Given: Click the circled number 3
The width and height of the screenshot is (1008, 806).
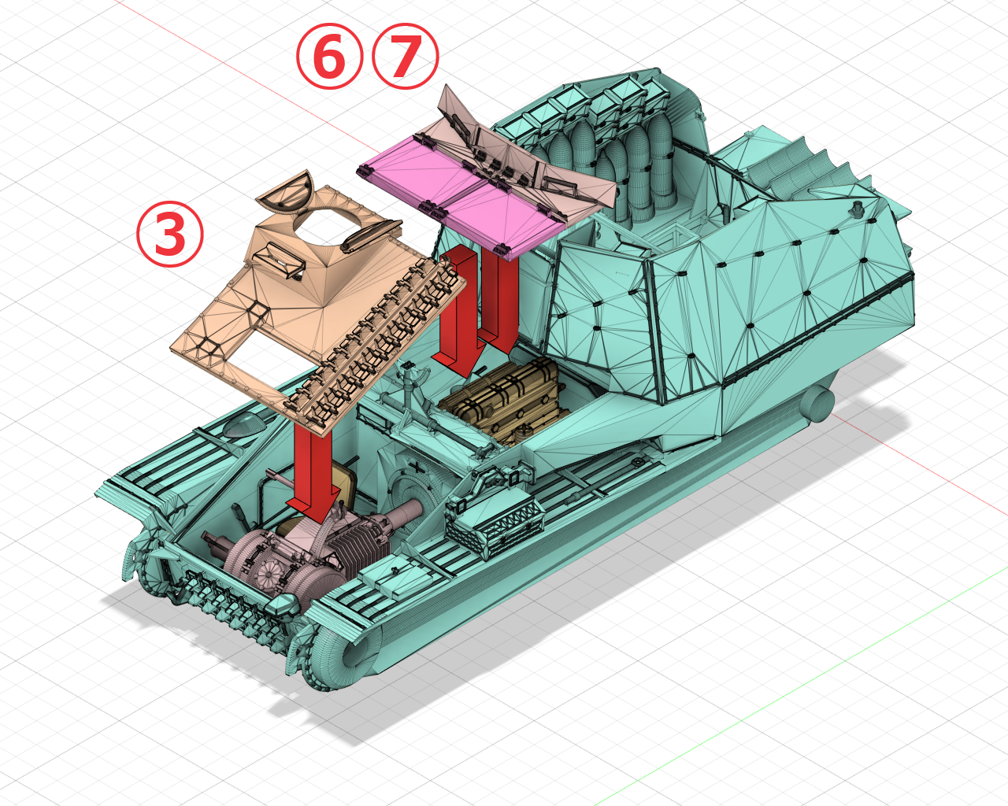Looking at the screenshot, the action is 170,234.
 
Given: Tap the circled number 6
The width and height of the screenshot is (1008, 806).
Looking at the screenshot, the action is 330,56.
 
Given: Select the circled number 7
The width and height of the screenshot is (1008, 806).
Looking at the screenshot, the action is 406,56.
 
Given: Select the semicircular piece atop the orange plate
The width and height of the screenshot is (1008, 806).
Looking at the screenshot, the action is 287,193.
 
